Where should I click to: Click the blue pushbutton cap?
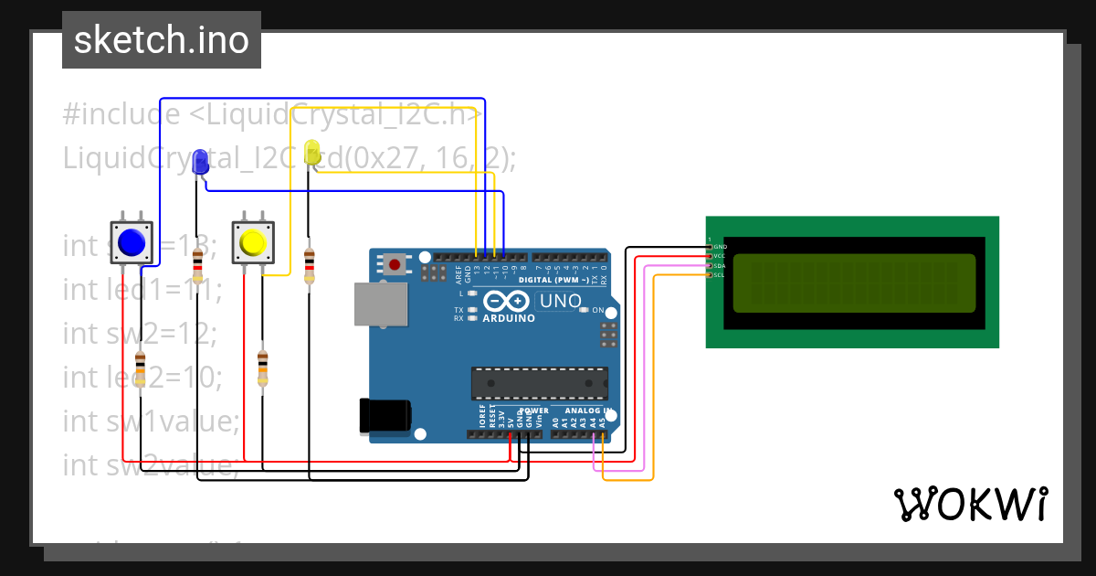132,242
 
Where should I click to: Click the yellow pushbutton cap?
252,242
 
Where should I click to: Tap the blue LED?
201,163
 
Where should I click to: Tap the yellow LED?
312,154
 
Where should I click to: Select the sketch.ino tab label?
162,40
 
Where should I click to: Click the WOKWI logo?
971,504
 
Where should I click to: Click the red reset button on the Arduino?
395,265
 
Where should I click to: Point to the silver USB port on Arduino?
379,304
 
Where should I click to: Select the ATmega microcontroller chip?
539,383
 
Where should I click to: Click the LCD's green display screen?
853,283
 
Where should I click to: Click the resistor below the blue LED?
198,268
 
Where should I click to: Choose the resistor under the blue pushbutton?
140,368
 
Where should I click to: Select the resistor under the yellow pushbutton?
262,368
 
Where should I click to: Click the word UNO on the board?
561,301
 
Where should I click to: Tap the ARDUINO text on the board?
508,318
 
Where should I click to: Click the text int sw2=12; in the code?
140,334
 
